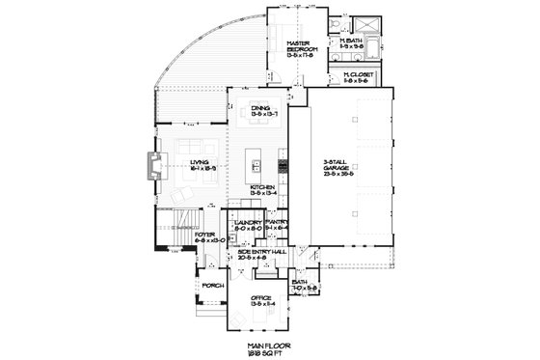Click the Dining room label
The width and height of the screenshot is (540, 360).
pos(258,108)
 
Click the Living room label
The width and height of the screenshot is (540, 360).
pos(201,164)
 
